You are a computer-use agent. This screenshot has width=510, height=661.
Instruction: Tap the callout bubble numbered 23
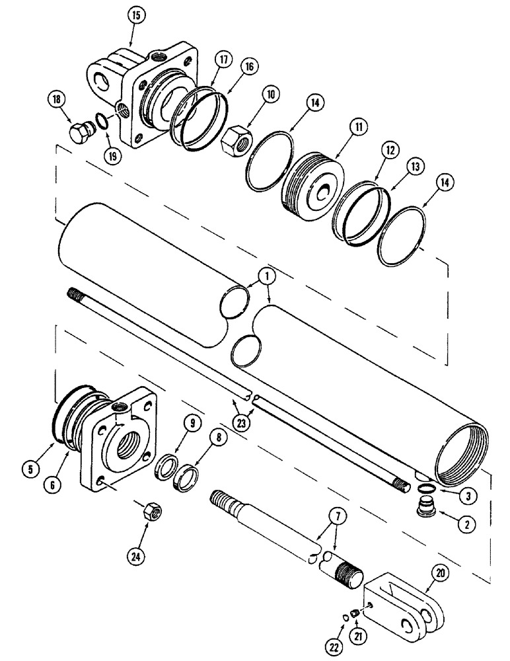[x=242, y=420]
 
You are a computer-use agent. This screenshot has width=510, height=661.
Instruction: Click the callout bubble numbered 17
[x=223, y=60]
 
